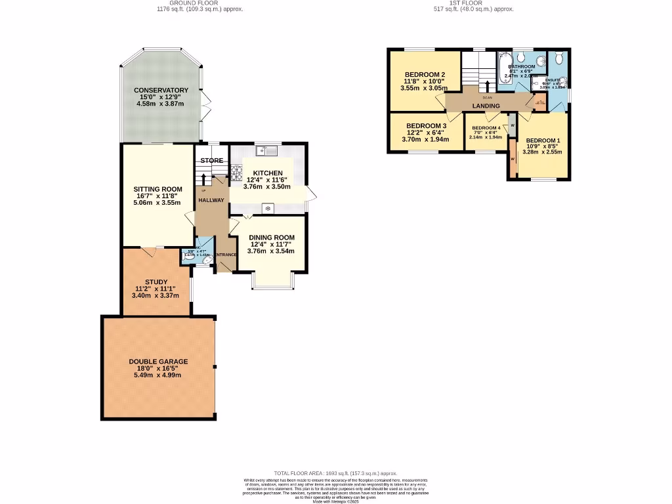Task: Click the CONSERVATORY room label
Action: (x=161, y=91)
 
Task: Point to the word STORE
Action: (x=212, y=160)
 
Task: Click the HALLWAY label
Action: (x=212, y=201)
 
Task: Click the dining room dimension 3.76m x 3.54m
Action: (x=270, y=251)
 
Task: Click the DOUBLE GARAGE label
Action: (x=158, y=362)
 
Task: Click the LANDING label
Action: (x=486, y=106)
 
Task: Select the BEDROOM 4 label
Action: (x=486, y=128)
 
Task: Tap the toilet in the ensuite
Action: (x=559, y=59)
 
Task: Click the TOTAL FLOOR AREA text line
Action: (x=335, y=473)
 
